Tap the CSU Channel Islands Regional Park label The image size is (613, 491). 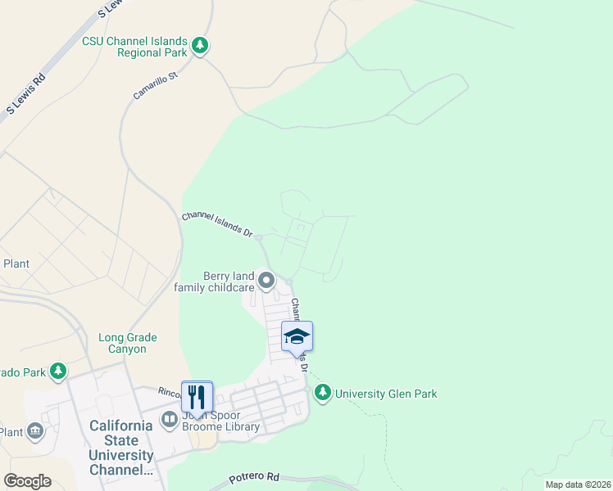tap(134, 47)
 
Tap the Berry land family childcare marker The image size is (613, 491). tap(266, 282)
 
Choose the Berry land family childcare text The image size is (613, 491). tap(215, 282)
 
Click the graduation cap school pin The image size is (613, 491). tap(297, 336)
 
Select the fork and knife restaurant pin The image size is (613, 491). tap(197, 397)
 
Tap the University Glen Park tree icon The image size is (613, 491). tap(324, 394)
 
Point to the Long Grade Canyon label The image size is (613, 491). tap(127, 343)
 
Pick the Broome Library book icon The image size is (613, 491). tap(170, 421)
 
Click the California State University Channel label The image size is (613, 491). tap(120, 448)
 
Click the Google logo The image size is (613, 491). tap(27, 481)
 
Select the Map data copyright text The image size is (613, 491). tap(578, 484)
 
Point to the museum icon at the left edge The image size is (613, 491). tap(34, 430)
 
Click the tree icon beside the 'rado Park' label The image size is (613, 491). tap(58, 372)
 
